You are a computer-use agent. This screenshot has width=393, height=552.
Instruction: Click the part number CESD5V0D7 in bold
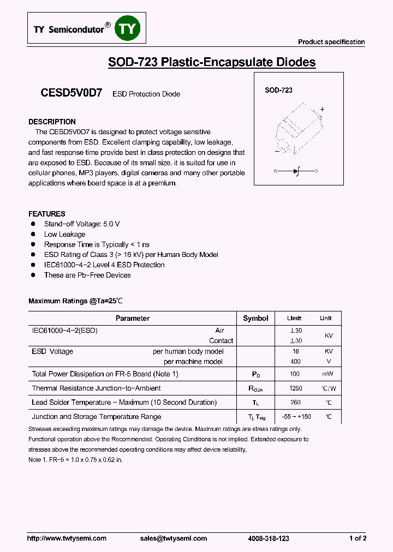71,93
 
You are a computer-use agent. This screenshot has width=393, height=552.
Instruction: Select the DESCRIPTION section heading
52,122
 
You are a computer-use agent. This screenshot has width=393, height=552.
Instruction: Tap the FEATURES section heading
47,214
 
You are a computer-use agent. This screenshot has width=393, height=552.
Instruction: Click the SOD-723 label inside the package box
278,91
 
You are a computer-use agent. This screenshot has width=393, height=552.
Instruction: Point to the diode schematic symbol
297,171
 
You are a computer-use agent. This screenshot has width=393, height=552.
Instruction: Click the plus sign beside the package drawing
322,109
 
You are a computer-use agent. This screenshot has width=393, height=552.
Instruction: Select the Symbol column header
255,318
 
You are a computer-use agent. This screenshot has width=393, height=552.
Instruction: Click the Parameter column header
133,318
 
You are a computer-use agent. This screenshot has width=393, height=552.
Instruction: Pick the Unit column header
325,318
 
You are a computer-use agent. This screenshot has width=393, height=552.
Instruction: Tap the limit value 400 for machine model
295,362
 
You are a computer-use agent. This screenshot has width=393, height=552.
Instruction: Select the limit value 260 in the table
295,403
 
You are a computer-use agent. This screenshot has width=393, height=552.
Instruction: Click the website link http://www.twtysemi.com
67,538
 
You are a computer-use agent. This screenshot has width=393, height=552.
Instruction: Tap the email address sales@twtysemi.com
174,538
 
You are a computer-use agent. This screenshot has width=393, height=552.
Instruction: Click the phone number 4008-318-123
268,538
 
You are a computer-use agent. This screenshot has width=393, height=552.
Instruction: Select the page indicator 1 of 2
358,538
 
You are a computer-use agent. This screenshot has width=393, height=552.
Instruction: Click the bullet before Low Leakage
33,234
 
